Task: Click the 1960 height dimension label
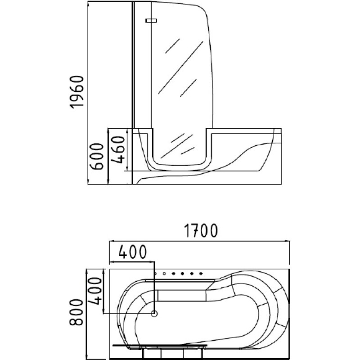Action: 77,92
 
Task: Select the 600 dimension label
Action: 97,156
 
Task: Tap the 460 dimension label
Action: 118,149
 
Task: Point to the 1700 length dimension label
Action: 201,231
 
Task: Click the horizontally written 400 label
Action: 132,252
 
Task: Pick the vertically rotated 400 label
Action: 95,291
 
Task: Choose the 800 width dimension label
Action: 76,312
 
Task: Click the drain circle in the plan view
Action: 154,313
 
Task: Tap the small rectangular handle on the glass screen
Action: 151,21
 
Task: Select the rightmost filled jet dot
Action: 201,274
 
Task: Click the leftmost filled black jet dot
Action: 173,274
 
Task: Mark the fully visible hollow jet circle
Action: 164,274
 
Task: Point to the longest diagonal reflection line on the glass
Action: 181,68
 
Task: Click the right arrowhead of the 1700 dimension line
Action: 288,241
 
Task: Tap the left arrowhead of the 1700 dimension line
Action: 112,241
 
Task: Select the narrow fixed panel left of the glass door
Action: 142,65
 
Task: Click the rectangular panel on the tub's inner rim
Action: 182,295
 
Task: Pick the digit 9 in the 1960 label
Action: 77,96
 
